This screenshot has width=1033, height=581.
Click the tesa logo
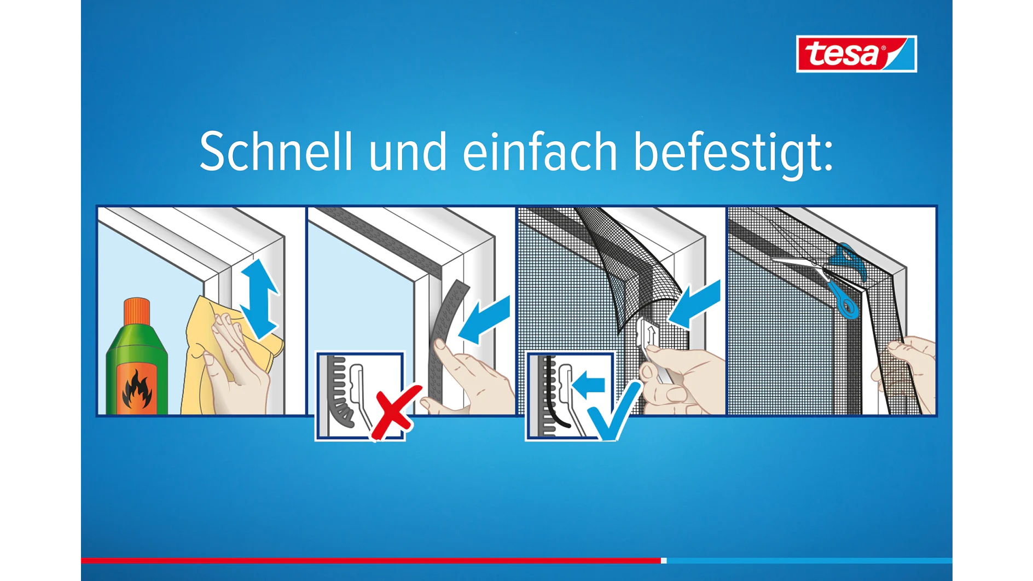coord(856,54)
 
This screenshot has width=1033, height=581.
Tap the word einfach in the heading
coord(540,152)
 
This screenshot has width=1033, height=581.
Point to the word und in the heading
coord(408,152)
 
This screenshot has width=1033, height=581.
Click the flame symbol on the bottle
coord(137,390)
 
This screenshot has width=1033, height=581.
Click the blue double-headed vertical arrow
coord(258,299)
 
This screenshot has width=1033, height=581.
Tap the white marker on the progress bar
coord(664,560)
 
